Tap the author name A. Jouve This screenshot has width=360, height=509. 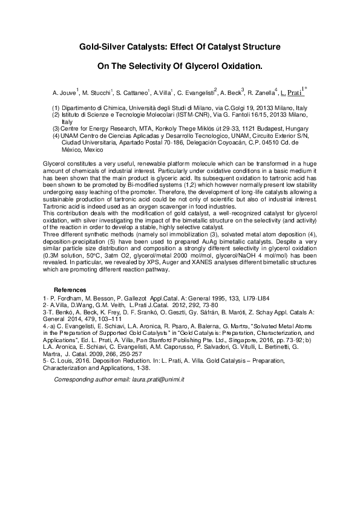pos(64,94)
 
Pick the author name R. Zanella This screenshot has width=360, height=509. pos(261,94)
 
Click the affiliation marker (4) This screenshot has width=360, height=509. pos(55,136)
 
